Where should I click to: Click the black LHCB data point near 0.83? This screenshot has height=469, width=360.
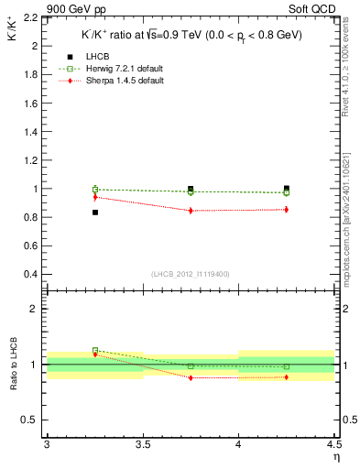point(94,213)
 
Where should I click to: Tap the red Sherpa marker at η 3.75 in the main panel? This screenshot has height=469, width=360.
point(191,211)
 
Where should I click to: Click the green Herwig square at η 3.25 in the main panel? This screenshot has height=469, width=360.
point(94,189)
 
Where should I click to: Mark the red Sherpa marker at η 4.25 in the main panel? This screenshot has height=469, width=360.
point(287,210)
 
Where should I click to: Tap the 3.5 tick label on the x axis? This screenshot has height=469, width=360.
point(142,445)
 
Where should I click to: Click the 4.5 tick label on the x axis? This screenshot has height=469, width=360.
point(333,445)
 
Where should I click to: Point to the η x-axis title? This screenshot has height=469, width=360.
point(335,457)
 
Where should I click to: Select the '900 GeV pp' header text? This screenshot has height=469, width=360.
point(72,7)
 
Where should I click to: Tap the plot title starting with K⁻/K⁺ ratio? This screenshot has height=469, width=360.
point(191,35)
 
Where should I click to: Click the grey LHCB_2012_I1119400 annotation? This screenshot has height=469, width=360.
point(191,275)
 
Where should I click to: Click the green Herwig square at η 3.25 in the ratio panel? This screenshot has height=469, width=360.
point(94,350)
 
